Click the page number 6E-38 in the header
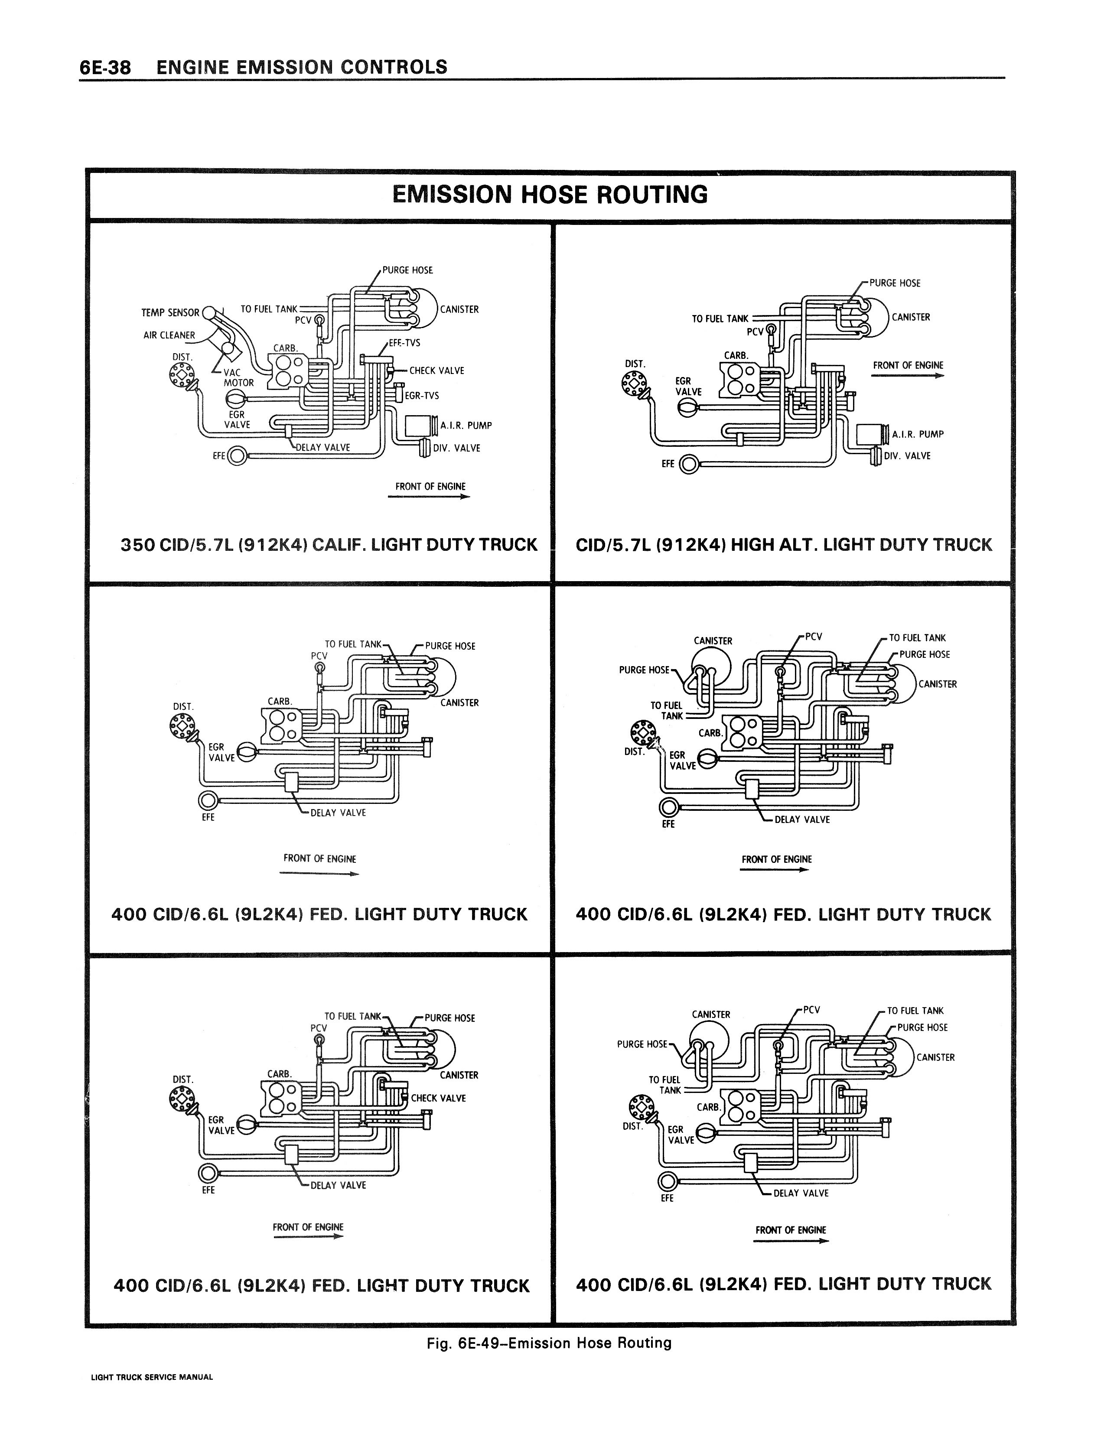tap(105, 68)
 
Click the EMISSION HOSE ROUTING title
tap(550, 195)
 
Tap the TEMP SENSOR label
tap(170, 312)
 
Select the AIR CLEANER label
tap(169, 335)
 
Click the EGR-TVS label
tap(422, 395)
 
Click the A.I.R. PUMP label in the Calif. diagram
tap(466, 426)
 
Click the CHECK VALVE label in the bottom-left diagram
tap(438, 1098)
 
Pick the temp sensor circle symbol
tap(208, 312)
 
